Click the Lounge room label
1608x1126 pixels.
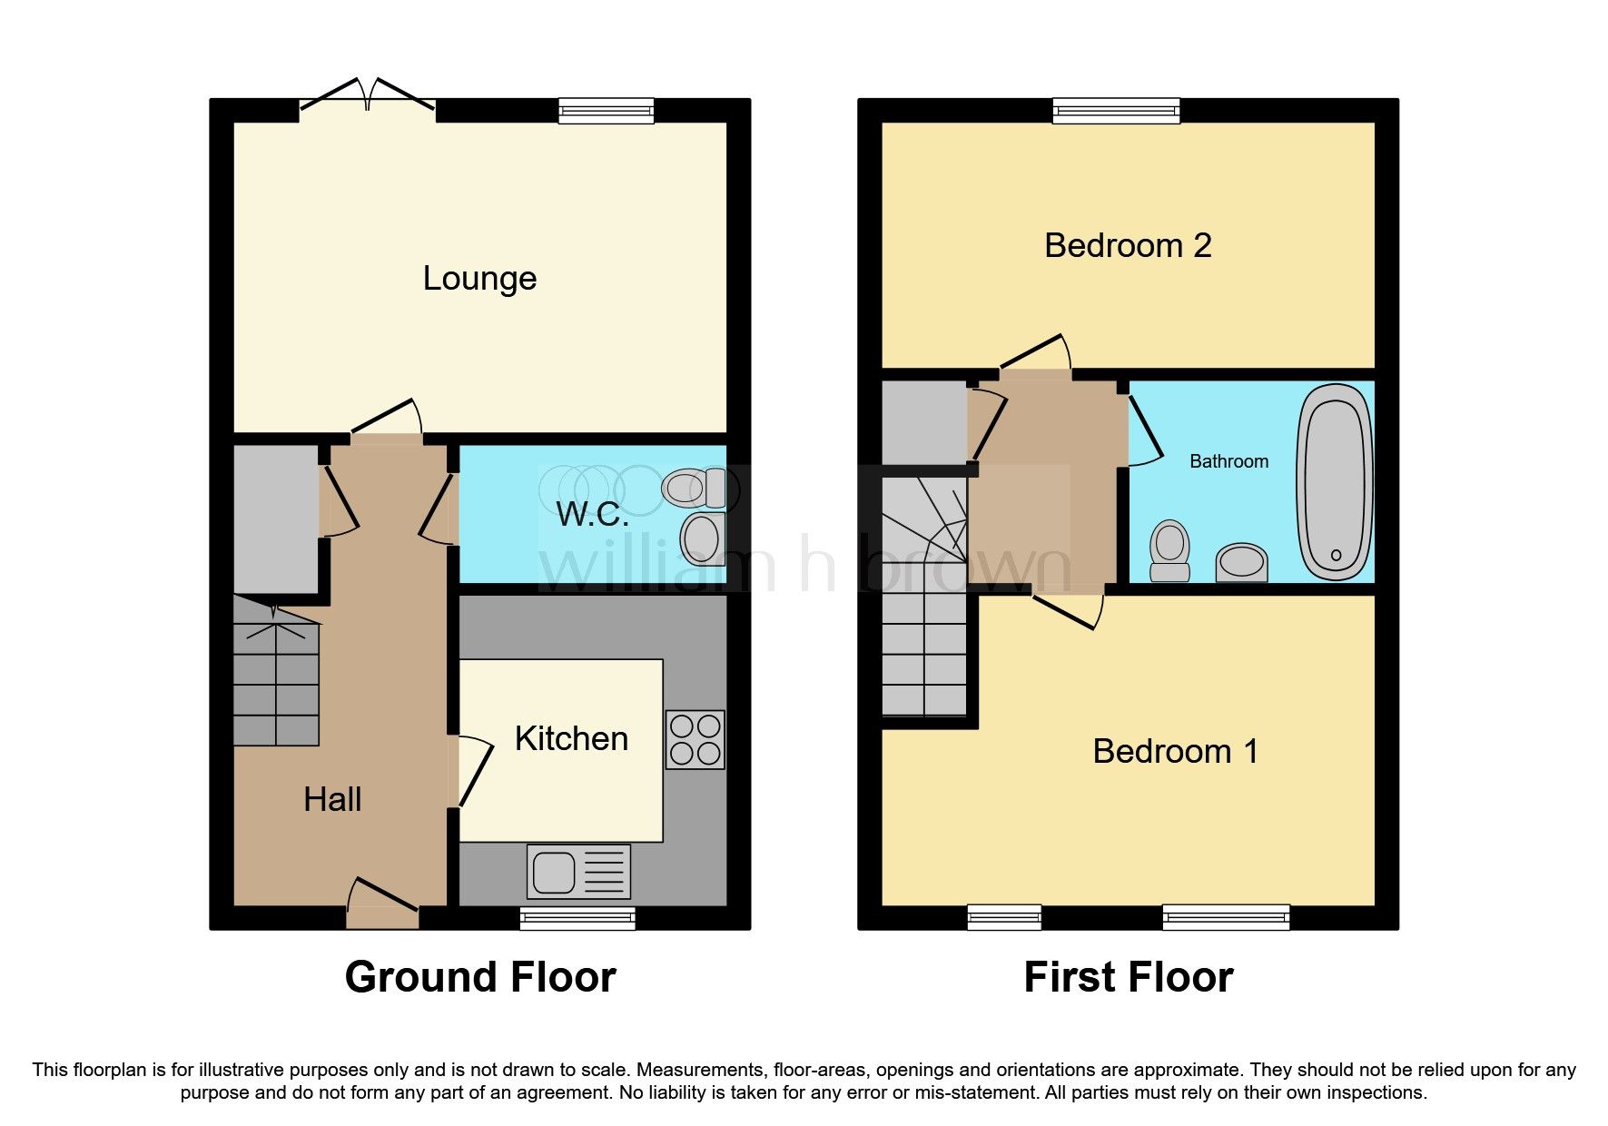pyautogui.click(x=479, y=278)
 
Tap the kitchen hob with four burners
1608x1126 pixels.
pyautogui.click(x=695, y=739)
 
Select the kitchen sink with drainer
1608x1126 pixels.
pyautogui.click(x=578, y=872)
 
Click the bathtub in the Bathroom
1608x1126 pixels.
pyautogui.click(x=1335, y=481)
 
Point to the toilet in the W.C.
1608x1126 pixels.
pyautogui.click(x=696, y=488)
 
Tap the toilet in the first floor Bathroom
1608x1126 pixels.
pyautogui.click(x=1169, y=550)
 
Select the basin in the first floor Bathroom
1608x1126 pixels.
pyautogui.click(x=1241, y=562)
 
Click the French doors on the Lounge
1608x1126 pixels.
pyautogui.click(x=368, y=100)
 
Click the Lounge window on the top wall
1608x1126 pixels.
pyautogui.click(x=606, y=111)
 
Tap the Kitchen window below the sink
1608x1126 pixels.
pyautogui.click(x=577, y=918)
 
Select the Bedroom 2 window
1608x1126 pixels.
pyautogui.click(x=1116, y=111)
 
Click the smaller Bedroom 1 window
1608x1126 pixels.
pyautogui.click(x=1004, y=918)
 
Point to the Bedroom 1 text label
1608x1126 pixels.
pyautogui.click(x=1175, y=751)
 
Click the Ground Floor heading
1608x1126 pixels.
pyautogui.click(x=480, y=977)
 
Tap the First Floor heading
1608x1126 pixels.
pyautogui.click(x=1128, y=977)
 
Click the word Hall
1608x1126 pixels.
pyautogui.click(x=332, y=799)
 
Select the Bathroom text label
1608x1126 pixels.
pyautogui.click(x=1228, y=461)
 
